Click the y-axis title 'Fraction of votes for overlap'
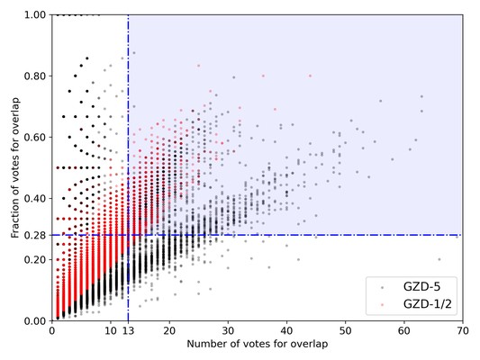click(15, 167)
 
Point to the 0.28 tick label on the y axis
click(35, 235)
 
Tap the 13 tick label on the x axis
click(128, 331)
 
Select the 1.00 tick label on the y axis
click(35, 15)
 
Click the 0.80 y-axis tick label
click(35, 76)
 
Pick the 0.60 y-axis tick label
click(35, 138)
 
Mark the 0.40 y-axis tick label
click(35, 199)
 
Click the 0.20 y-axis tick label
click(35, 260)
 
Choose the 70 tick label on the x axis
click(461, 331)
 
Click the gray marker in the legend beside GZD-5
click(382, 287)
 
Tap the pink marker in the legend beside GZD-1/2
click(382, 306)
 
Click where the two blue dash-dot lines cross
click(128, 235)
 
